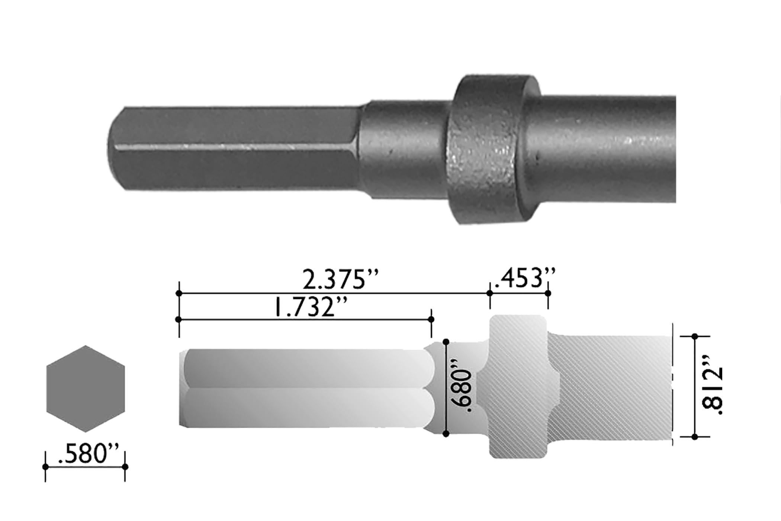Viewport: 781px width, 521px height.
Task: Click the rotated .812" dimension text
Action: click(x=712, y=391)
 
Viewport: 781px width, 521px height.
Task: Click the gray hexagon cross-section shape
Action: click(x=86, y=389)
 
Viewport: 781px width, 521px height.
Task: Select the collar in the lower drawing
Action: click(x=518, y=387)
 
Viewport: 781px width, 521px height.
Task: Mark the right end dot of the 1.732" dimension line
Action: click(x=431, y=319)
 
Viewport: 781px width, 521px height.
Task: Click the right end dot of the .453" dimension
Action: click(x=548, y=293)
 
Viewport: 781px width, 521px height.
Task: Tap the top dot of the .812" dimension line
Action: click(x=695, y=336)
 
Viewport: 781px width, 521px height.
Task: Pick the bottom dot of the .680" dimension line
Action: click(x=446, y=434)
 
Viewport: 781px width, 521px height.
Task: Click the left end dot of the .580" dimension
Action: click(x=45, y=467)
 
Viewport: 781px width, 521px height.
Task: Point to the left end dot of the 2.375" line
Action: click(x=179, y=293)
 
